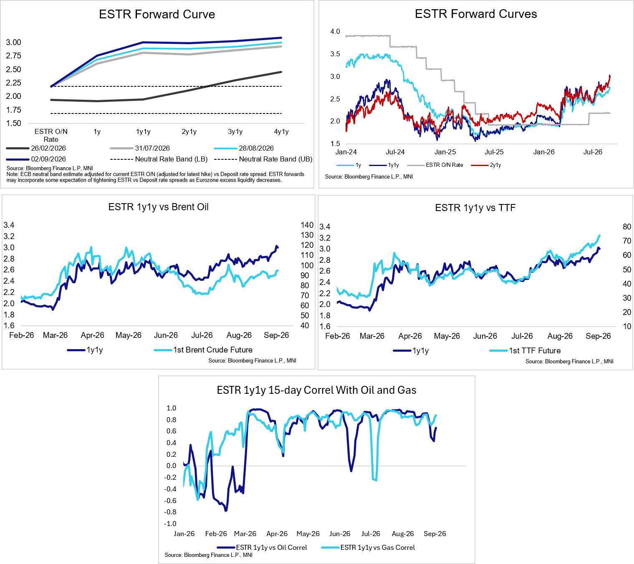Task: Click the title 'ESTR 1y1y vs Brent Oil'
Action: (x=158, y=207)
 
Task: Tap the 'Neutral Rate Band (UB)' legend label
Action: (x=263, y=159)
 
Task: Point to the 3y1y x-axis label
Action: (x=235, y=132)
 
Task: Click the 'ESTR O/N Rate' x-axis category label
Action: (x=51, y=136)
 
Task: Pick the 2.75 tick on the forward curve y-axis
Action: (x=13, y=55)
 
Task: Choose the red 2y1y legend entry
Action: (x=486, y=165)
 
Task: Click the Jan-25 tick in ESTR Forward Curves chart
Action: (x=445, y=152)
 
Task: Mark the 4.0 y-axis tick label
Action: (x=335, y=31)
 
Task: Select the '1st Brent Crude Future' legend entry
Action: (x=203, y=350)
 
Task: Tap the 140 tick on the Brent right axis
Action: (x=307, y=225)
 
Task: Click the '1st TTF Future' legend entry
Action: (x=525, y=351)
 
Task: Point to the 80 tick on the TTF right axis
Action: (x=627, y=227)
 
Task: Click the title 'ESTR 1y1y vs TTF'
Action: (x=475, y=208)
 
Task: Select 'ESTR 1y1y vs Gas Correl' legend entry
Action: (x=368, y=547)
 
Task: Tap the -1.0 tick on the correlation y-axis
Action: (x=170, y=524)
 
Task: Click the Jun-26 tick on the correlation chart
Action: (x=340, y=534)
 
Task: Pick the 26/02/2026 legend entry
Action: (x=36, y=148)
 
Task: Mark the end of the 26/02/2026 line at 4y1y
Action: (x=281, y=72)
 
